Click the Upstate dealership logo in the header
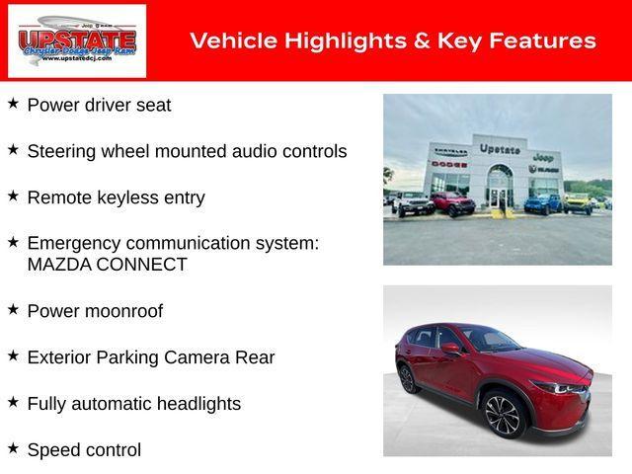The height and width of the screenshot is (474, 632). pos(77,40)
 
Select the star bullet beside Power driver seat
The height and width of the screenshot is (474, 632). pos(13,103)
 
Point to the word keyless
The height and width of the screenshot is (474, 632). pos(124,197)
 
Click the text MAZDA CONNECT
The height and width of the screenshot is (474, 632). pos(107,264)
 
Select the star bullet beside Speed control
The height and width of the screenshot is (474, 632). pos(13,448)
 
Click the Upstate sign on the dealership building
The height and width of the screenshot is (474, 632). pos(500,149)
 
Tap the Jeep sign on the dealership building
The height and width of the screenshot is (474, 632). pos(542,157)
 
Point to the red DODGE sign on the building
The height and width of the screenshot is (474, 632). pos(449,164)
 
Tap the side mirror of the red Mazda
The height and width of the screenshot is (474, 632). pos(451,350)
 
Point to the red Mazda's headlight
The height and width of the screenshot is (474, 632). pos(571,388)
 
